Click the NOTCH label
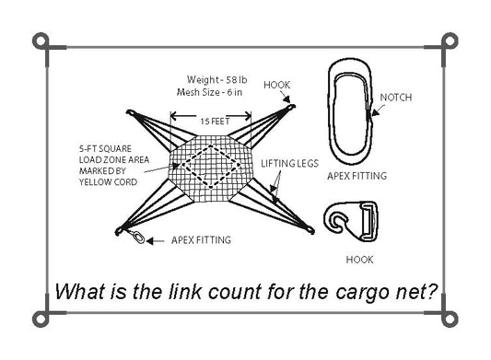pyautogui.click(x=396, y=98)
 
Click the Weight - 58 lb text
pyautogui.click(x=217, y=80)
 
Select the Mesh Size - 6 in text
pyautogui.click(x=209, y=92)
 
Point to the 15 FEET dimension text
pyautogui.click(x=215, y=122)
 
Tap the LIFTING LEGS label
pyautogui.click(x=289, y=163)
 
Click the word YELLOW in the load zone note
pyautogui.click(x=94, y=182)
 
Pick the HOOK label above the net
pyautogui.click(x=276, y=85)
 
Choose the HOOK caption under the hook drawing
pyautogui.click(x=359, y=260)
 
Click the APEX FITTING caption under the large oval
pyautogui.click(x=357, y=176)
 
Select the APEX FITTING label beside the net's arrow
pyautogui.click(x=202, y=240)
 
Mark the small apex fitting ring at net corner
pyautogui.click(x=139, y=237)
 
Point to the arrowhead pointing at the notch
pyautogui.click(x=375, y=113)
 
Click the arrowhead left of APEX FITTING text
pyautogui.click(x=149, y=241)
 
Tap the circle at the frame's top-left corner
pyautogui.click(x=41, y=41)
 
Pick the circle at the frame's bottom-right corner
pyautogui.click(x=450, y=319)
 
